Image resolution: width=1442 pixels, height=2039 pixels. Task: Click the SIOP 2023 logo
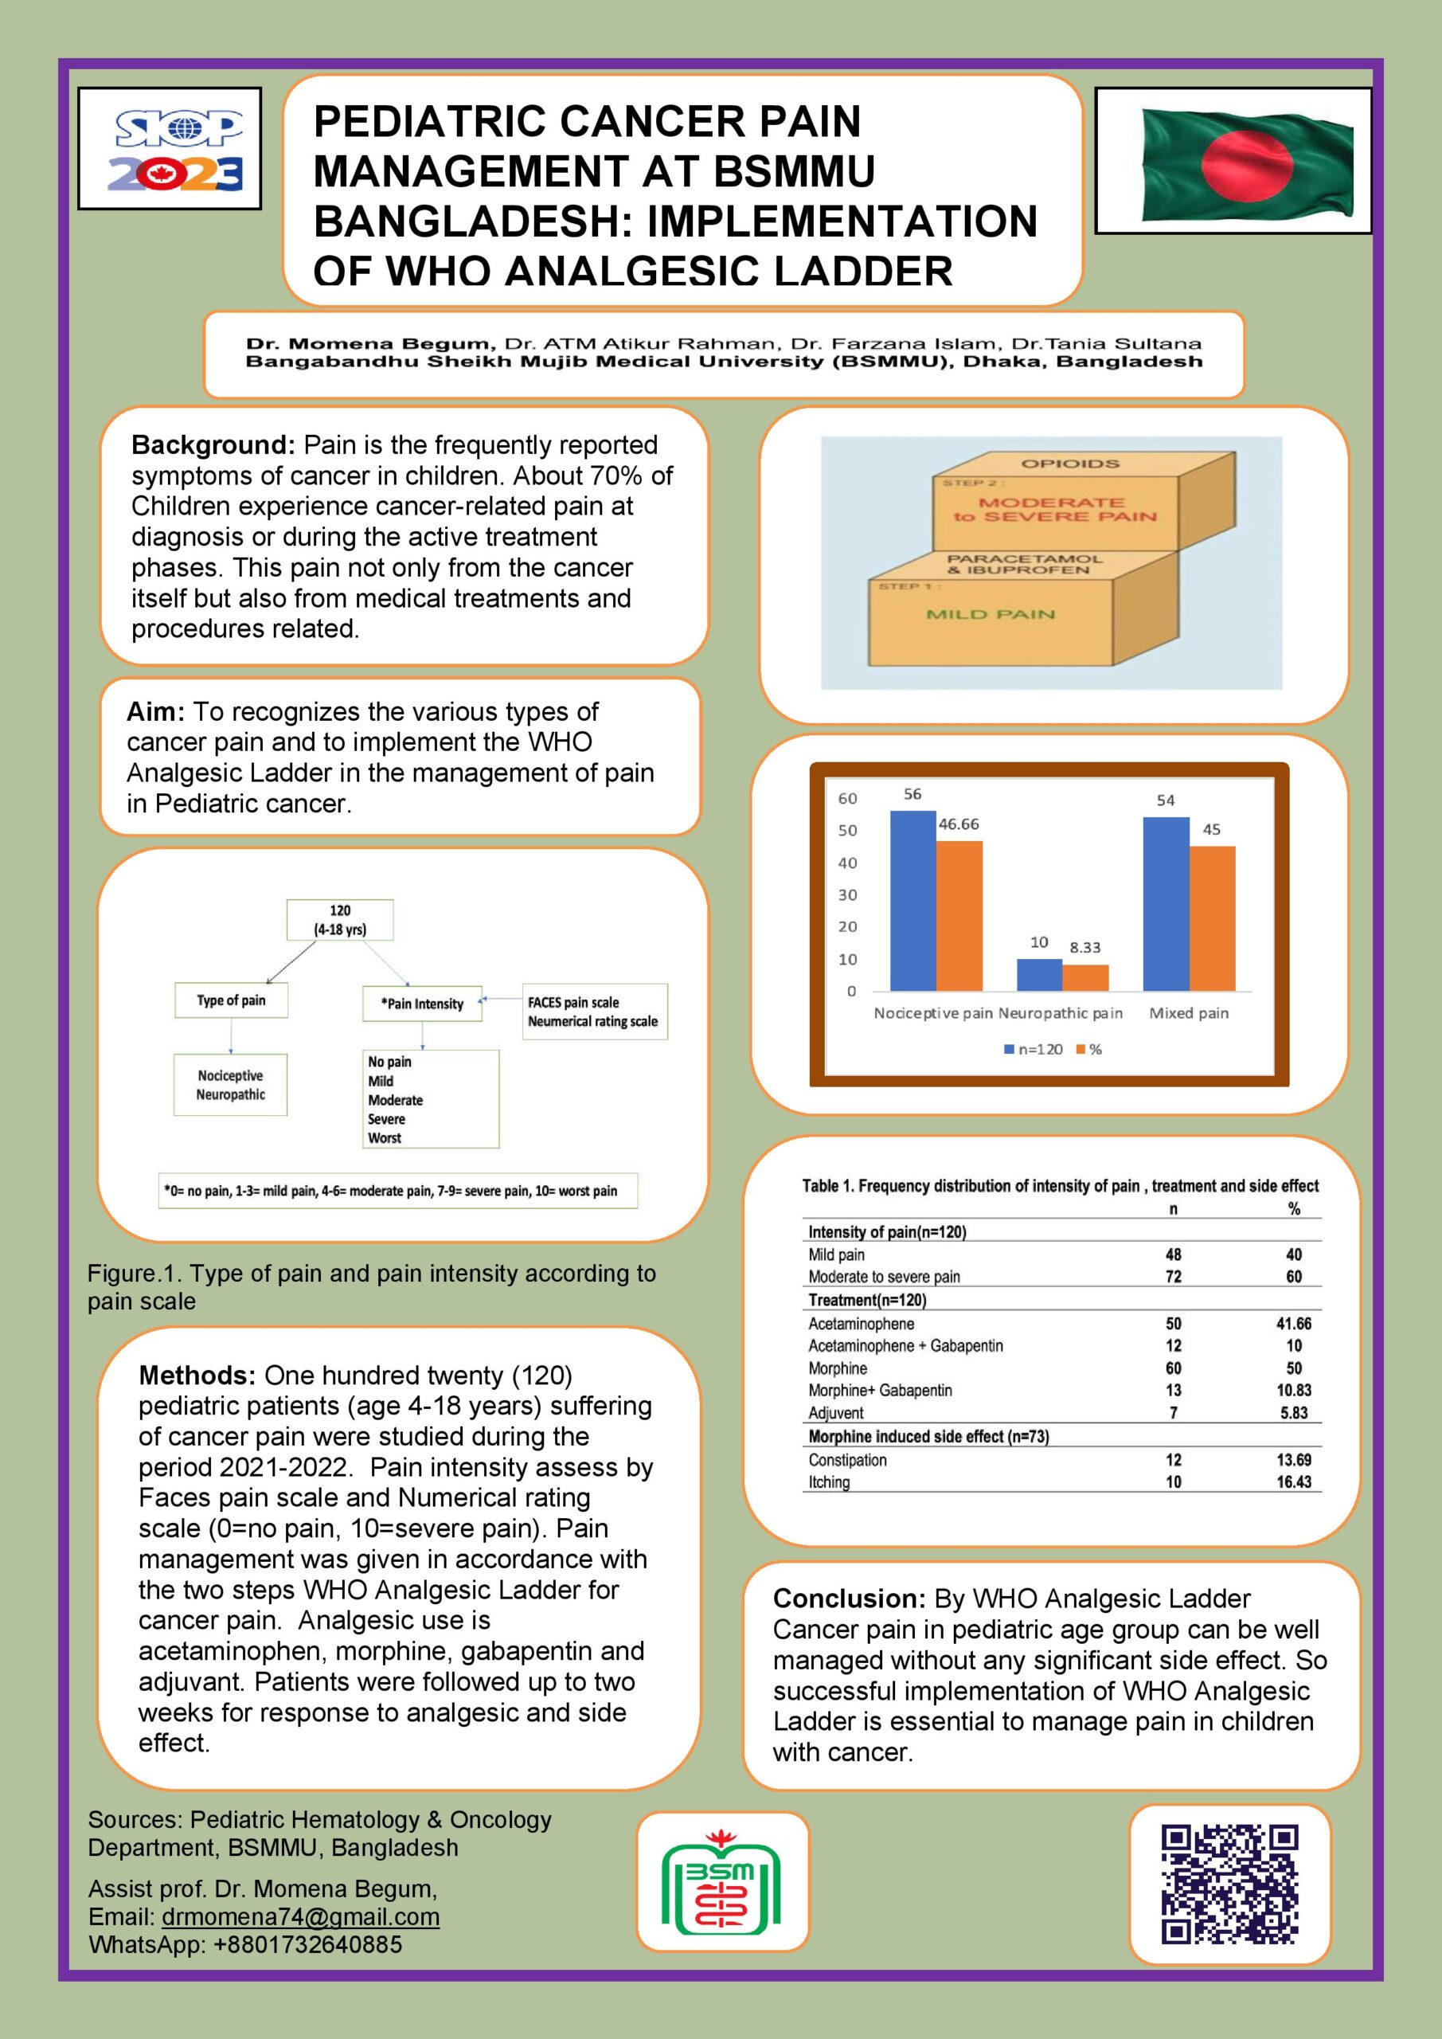coord(170,149)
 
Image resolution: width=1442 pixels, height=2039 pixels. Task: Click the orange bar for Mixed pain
coord(1212,918)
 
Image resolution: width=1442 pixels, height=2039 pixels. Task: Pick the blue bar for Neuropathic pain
coord(1039,974)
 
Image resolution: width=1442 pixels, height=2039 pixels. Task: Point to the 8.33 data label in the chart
coord(1085,948)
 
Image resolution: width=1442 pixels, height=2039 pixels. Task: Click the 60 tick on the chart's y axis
coord(848,798)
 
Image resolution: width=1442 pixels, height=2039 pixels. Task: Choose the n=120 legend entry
coord(1034,1049)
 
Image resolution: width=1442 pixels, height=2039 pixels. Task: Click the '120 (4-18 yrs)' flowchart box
coord(339,920)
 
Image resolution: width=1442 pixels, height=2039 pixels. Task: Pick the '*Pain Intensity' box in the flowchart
coord(423,1004)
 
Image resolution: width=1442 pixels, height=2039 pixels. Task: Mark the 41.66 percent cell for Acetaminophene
coord(1294,1323)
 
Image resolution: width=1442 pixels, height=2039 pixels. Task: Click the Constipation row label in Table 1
coord(847,1460)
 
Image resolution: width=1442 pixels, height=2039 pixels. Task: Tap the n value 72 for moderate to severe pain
coord(1173,1276)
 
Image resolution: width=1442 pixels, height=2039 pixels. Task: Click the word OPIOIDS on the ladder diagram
coord(1069,464)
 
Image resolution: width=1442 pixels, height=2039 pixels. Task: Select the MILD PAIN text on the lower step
coord(990,615)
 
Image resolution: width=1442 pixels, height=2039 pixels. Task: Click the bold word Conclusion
coord(848,1599)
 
